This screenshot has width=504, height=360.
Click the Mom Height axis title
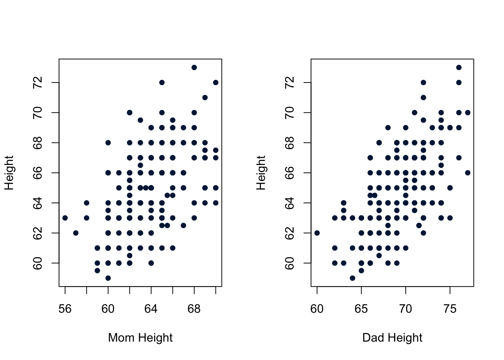click(x=140, y=338)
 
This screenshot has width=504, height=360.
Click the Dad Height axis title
click(x=392, y=338)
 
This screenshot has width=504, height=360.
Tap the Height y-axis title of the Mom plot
click(x=9, y=173)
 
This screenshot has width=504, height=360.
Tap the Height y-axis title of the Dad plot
click(x=261, y=173)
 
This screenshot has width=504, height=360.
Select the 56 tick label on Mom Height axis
click(x=65, y=309)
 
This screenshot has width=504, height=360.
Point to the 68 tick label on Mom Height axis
click(x=194, y=309)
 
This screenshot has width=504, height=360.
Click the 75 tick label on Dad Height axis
click(x=450, y=309)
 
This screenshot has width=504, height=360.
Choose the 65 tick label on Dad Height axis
click(x=361, y=309)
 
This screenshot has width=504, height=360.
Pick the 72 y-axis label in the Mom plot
click(x=38, y=82)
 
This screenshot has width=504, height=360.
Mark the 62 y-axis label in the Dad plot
click(x=290, y=233)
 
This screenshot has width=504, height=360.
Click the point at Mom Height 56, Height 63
click(x=65, y=218)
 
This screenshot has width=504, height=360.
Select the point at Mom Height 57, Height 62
click(x=76, y=233)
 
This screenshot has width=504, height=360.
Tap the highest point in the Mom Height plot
click(x=194, y=67)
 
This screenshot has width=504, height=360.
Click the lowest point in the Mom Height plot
click(x=108, y=278)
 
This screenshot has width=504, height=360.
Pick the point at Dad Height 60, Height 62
click(x=317, y=233)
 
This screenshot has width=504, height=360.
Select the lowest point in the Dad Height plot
click(x=352, y=278)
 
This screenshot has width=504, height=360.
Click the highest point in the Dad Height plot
click(x=459, y=67)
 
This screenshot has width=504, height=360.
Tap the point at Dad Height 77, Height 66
click(x=468, y=173)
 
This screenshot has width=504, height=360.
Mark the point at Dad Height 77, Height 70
click(x=468, y=112)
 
